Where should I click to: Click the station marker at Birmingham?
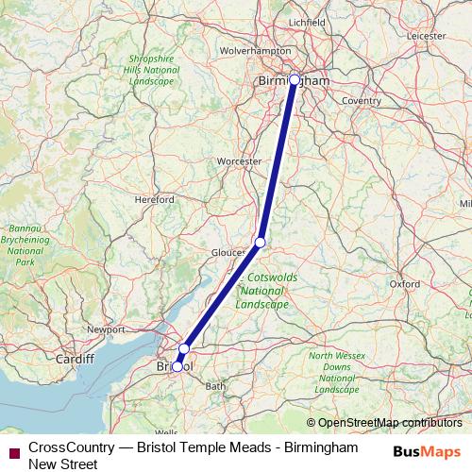[x=295, y=80]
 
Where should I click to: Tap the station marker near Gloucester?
[x=261, y=243]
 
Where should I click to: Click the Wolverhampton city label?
[x=255, y=50]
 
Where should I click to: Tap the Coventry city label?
[x=362, y=100]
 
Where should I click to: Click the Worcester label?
[x=239, y=162]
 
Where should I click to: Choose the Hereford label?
[x=155, y=200]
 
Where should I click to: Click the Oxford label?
[x=404, y=283]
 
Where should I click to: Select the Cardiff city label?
[x=75, y=359]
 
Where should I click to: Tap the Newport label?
[x=107, y=329]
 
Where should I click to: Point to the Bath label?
[x=216, y=386]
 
